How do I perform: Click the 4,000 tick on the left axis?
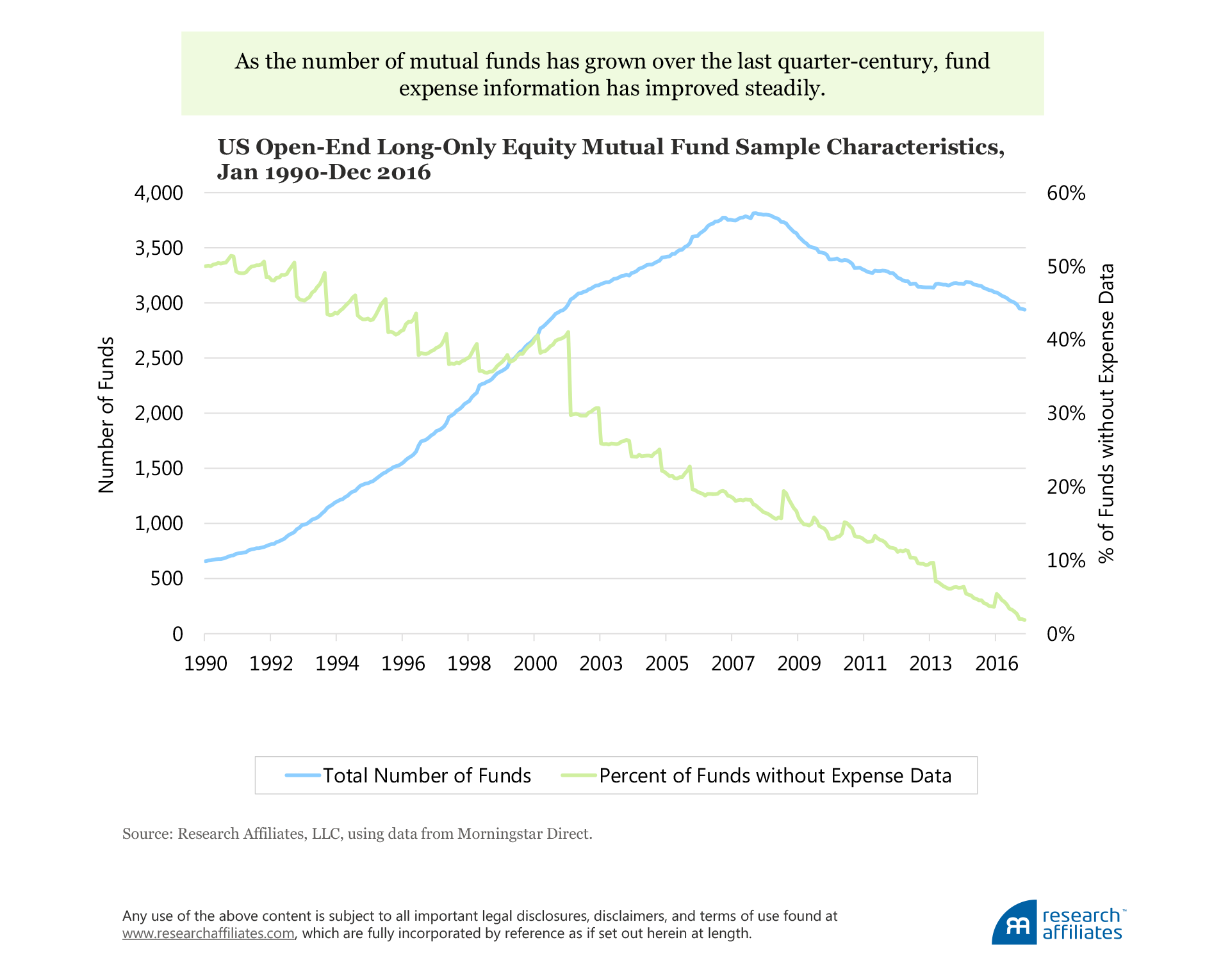(x=158, y=193)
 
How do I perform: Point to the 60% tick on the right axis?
(x=1065, y=193)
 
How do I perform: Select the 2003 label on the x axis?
(x=600, y=663)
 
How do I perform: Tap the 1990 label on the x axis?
(x=205, y=663)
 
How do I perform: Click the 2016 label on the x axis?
(x=996, y=663)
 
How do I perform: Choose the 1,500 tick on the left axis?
(x=158, y=469)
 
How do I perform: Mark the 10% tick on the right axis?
(x=1065, y=561)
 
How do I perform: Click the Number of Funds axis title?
(x=106, y=415)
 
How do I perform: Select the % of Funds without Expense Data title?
(x=1106, y=413)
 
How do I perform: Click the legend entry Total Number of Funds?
(x=427, y=775)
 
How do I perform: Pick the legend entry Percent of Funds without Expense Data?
(x=775, y=775)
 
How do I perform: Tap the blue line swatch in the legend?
(x=302, y=775)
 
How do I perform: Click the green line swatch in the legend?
(x=579, y=775)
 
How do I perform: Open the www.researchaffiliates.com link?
(x=208, y=934)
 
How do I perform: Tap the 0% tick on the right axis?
(x=1060, y=634)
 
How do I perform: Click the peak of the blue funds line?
(x=756, y=213)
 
